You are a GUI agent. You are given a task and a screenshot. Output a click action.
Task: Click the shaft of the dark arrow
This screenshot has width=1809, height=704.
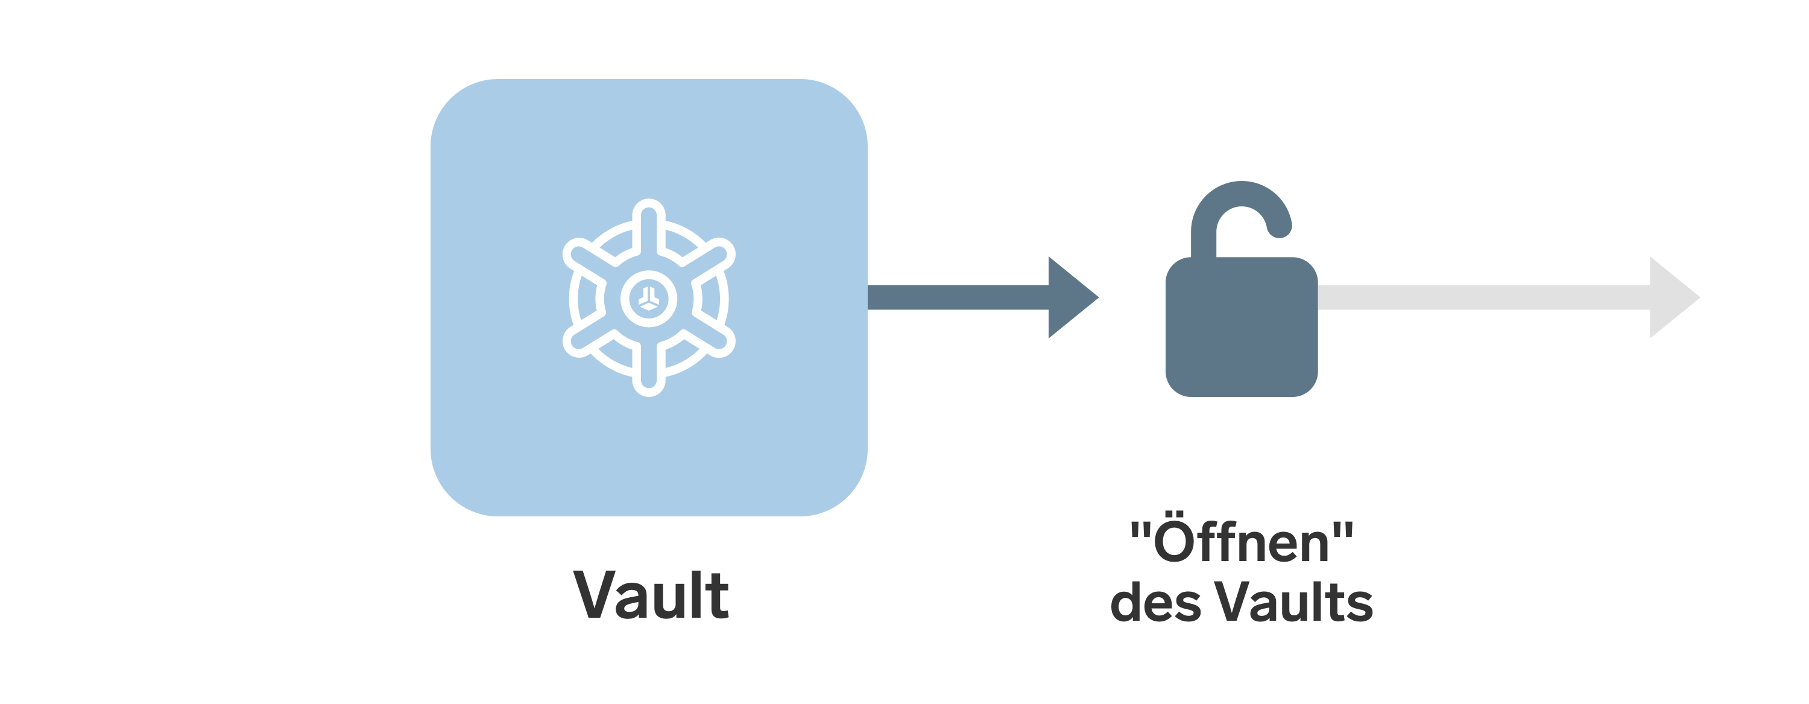click(958, 297)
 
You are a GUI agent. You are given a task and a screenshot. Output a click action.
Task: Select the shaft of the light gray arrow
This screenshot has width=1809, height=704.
click(1484, 297)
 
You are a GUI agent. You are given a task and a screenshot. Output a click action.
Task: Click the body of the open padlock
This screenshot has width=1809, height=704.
click(1242, 327)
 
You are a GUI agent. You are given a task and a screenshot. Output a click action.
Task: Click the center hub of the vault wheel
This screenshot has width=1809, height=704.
click(649, 299)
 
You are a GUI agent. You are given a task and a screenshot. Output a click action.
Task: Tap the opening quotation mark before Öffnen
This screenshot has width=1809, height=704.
click(1139, 530)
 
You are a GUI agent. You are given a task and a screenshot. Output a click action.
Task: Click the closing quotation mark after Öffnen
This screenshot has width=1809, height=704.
click(1343, 530)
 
